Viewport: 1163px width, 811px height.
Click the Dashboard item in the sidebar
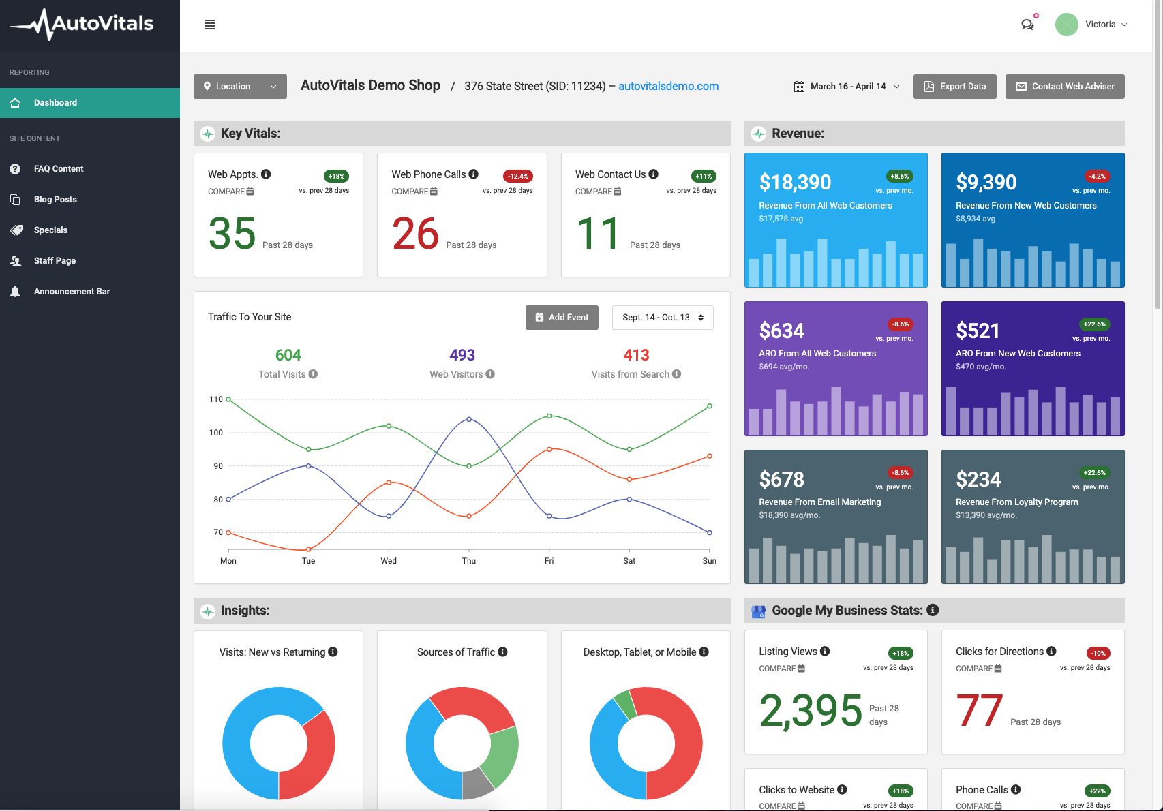56,103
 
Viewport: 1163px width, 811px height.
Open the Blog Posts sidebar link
55,200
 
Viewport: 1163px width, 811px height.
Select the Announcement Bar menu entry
72,292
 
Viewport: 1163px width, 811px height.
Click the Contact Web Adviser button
1064,87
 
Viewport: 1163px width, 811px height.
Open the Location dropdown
240,87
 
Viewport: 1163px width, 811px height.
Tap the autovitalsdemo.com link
668,86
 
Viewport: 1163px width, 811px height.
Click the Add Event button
562,318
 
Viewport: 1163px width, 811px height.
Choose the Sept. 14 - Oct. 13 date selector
663,318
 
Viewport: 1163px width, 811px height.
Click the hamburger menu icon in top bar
210,25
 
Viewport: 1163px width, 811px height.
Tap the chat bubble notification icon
1027,25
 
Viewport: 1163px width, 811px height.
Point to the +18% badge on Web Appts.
336,177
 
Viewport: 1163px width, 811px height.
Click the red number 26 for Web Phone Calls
415,234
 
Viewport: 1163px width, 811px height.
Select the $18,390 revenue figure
795,183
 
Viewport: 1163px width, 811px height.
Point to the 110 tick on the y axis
215,399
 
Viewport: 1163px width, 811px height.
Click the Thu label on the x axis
469,561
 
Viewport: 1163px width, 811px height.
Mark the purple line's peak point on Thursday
469,419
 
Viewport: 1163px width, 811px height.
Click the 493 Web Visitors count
462,355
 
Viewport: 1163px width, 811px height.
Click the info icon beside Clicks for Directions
1051,652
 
